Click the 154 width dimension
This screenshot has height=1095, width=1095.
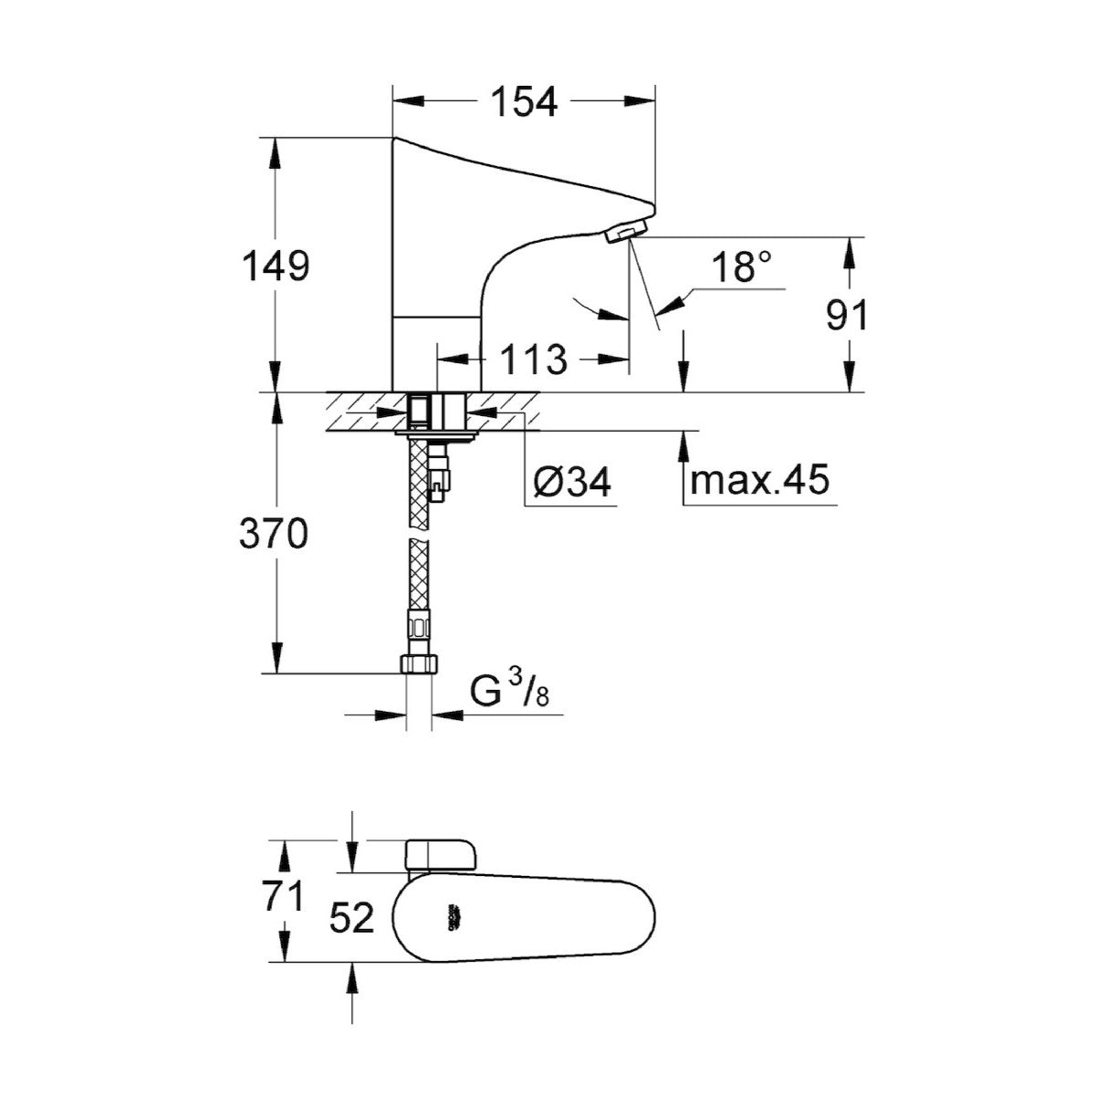point(524,101)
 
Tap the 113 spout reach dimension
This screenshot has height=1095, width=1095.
point(533,360)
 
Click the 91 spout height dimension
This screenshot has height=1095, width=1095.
point(848,316)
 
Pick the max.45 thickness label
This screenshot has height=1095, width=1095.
point(759,479)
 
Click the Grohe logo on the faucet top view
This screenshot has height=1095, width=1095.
point(453,918)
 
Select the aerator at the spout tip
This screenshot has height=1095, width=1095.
point(627,234)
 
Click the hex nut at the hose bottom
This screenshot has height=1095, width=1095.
point(421,664)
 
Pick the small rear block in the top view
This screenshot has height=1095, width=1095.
point(440,855)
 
